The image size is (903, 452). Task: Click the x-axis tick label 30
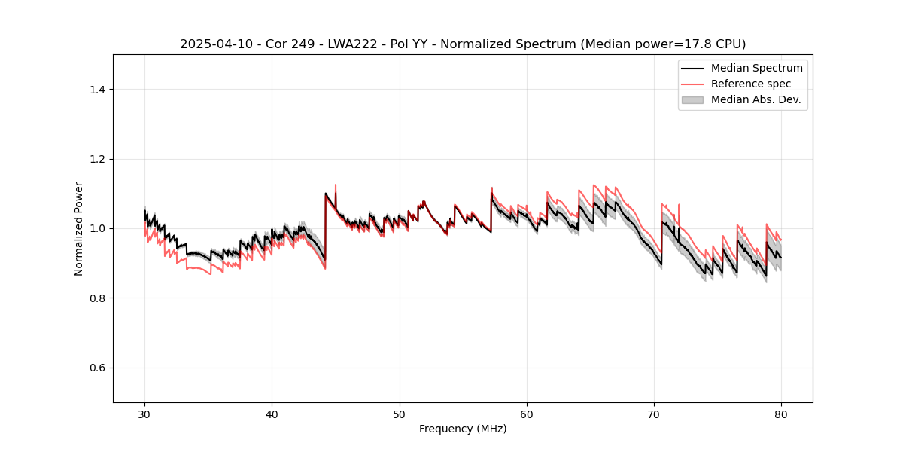pos(144,414)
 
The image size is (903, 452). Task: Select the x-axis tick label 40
pos(272,414)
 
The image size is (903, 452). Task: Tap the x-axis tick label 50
pos(400,414)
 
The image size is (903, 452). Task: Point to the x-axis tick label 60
pos(527,414)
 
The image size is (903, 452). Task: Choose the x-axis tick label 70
pos(654,414)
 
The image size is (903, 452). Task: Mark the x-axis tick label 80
pos(781,414)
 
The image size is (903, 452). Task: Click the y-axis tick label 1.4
pos(97,90)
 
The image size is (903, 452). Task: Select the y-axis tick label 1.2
pos(97,159)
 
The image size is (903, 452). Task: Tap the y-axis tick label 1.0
pos(97,228)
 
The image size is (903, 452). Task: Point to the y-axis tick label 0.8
pos(97,298)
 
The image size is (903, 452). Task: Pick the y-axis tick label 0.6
pos(97,368)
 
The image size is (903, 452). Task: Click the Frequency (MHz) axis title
pos(463,429)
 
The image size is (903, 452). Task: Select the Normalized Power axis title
pos(79,228)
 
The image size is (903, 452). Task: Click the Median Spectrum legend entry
pos(756,68)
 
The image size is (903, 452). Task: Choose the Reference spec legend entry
pos(751,84)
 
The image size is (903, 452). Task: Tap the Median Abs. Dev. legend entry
pos(756,99)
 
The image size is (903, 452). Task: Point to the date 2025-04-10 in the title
pos(214,44)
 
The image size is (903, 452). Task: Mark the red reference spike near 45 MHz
pos(336,185)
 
